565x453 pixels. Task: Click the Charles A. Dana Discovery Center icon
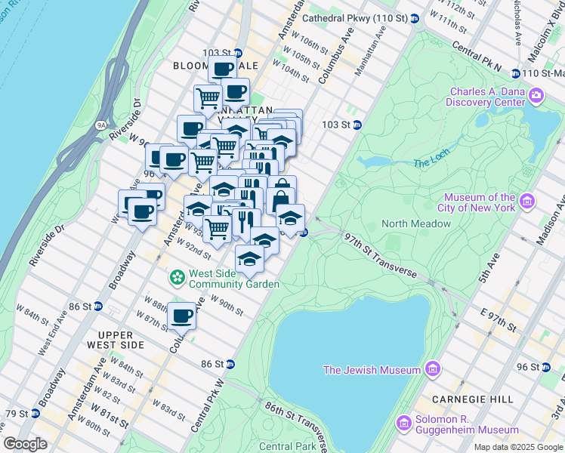pos(536,95)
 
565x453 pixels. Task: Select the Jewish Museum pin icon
pos(433,369)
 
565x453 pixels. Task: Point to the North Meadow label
pos(415,223)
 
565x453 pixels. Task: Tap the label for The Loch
pos(431,162)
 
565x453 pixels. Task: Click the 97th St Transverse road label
pos(375,251)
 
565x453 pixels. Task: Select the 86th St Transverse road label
pos(295,421)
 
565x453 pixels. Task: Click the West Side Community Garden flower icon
pos(177,279)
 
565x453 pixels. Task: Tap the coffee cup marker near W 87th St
pos(181,316)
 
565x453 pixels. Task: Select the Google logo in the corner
pos(26,444)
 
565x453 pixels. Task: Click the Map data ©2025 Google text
pos(517,447)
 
